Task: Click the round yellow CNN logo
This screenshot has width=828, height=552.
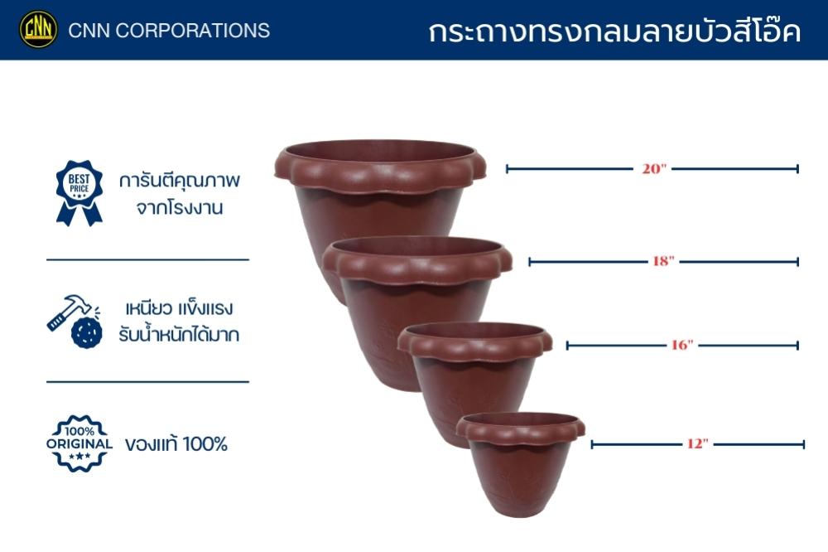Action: click(39, 29)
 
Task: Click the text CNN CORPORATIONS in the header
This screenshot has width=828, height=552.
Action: click(169, 31)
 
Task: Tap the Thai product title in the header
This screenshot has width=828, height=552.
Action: click(614, 31)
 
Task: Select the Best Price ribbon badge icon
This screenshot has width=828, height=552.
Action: click(79, 193)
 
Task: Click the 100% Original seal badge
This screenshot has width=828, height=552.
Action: click(79, 443)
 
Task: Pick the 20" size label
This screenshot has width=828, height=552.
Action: click(654, 169)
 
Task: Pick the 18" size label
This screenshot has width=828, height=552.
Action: click(663, 261)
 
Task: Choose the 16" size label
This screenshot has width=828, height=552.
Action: click(681, 346)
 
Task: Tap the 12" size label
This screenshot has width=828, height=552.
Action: click(697, 444)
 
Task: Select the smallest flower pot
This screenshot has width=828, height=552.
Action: click(520, 462)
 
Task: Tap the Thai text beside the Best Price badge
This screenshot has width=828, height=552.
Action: click(179, 193)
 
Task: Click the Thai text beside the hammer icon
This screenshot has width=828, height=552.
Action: click(179, 322)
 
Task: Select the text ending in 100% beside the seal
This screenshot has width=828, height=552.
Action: click(176, 443)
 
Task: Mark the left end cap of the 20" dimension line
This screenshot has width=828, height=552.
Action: click(507, 169)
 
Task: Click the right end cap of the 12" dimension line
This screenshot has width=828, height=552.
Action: click(803, 444)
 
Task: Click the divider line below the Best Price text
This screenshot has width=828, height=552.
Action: click(148, 259)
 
